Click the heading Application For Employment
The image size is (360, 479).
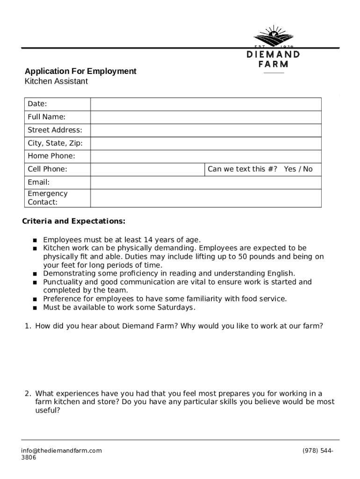[80, 71]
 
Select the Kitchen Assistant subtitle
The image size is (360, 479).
[56, 81]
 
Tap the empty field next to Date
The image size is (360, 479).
[206, 104]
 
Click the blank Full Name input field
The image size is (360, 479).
[206, 117]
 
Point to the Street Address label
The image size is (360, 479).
[55, 130]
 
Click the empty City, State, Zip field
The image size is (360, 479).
[206, 143]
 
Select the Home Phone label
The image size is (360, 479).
[51, 156]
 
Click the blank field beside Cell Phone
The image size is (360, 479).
[147, 169]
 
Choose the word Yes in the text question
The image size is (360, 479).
[290, 169]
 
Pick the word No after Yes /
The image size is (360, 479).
[308, 169]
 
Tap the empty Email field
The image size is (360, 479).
[206, 182]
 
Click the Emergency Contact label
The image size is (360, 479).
[47, 198]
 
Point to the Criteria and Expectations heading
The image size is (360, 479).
[74, 221]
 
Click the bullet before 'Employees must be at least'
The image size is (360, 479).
[35, 240]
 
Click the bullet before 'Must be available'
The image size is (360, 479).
[35, 308]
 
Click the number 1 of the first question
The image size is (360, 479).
[28, 326]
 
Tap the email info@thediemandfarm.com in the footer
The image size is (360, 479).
[61, 450]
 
